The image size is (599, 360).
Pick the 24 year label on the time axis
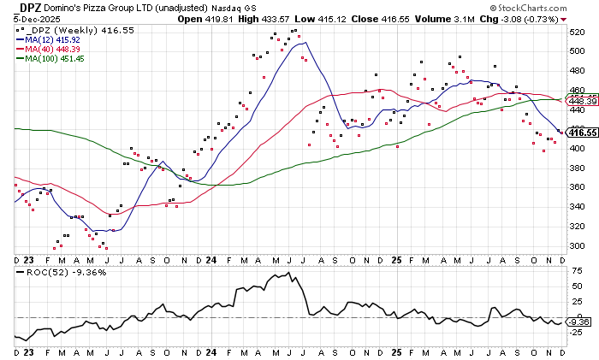pos(211,258)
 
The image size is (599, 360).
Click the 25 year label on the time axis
pos(396,258)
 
